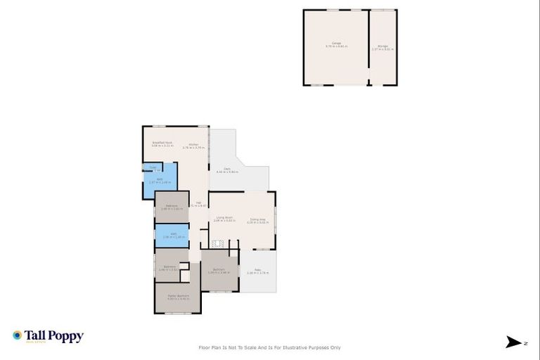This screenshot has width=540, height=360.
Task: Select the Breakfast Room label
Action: point(162,143)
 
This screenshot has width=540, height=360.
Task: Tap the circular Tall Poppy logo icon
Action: point(17,336)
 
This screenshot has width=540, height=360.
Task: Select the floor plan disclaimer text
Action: point(270,347)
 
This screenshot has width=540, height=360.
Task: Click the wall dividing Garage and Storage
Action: point(369,46)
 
